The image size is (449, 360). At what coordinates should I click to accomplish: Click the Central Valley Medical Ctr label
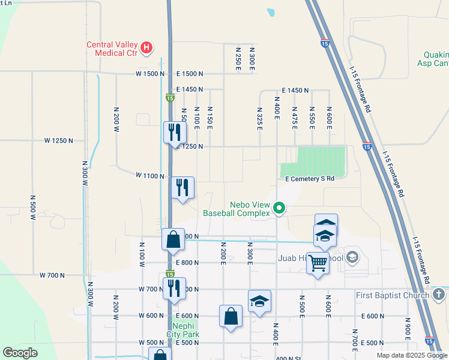(112, 48)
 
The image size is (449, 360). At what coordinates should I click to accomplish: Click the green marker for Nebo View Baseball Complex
(279, 209)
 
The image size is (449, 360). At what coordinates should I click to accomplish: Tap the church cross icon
(439, 295)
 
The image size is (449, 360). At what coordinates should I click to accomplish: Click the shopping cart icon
(318, 262)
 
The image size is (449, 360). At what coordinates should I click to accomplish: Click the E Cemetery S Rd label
(309, 179)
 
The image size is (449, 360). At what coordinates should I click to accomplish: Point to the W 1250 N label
(58, 140)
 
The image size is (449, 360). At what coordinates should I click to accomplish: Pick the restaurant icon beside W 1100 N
(182, 187)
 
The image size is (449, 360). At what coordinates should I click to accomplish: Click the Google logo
(20, 353)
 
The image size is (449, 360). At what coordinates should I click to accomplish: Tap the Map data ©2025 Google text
(411, 355)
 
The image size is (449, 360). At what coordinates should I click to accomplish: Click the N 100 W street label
(142, 254)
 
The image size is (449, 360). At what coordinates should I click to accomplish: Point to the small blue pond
(271, 11)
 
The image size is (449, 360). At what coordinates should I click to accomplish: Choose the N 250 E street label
(238, 58)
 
